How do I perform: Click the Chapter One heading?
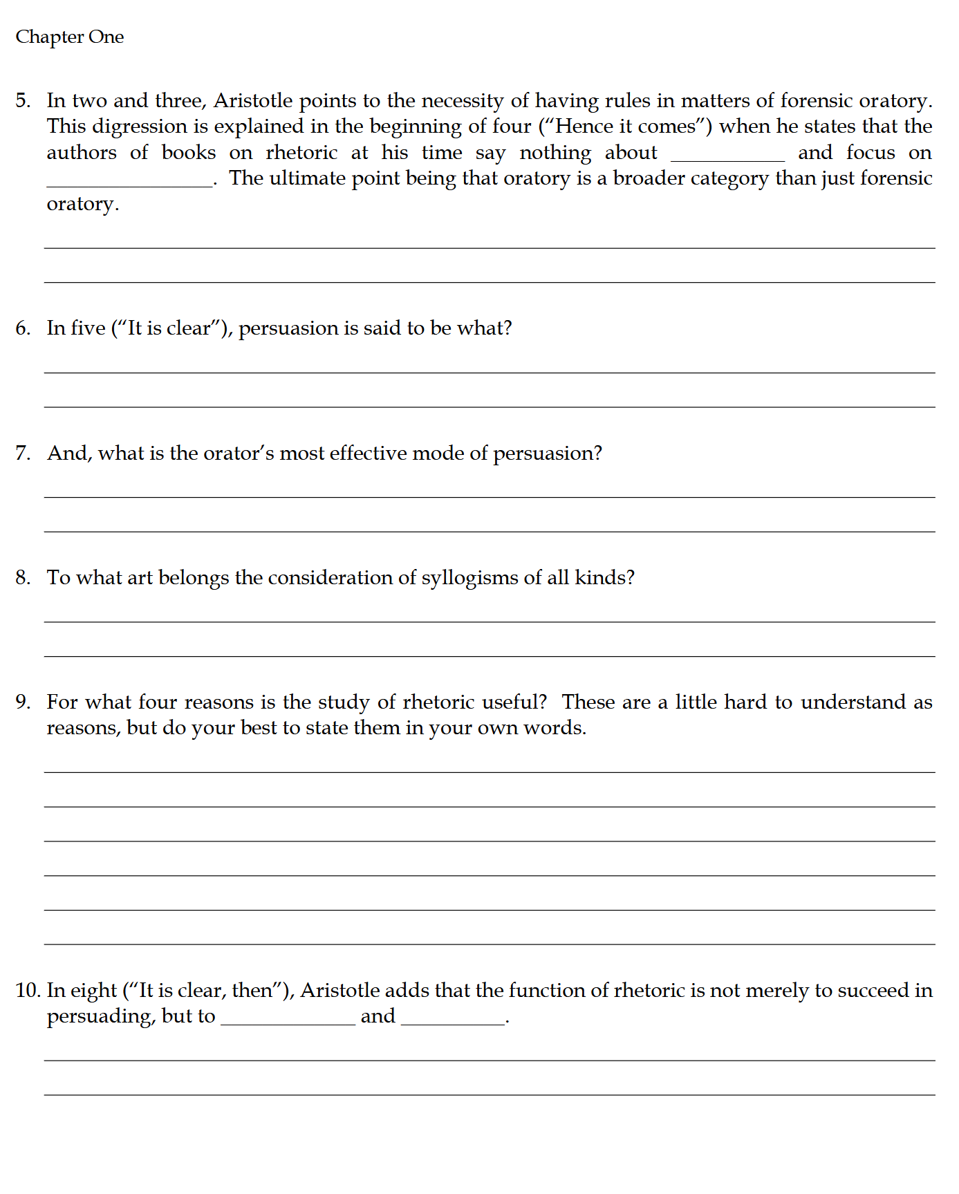70,37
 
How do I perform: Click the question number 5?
24,101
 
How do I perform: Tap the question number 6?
24,328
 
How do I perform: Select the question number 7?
24,454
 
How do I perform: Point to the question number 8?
24,578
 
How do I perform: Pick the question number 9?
24,702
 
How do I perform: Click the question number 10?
28,991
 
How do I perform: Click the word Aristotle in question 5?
253,101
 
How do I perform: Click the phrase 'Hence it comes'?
626,127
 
